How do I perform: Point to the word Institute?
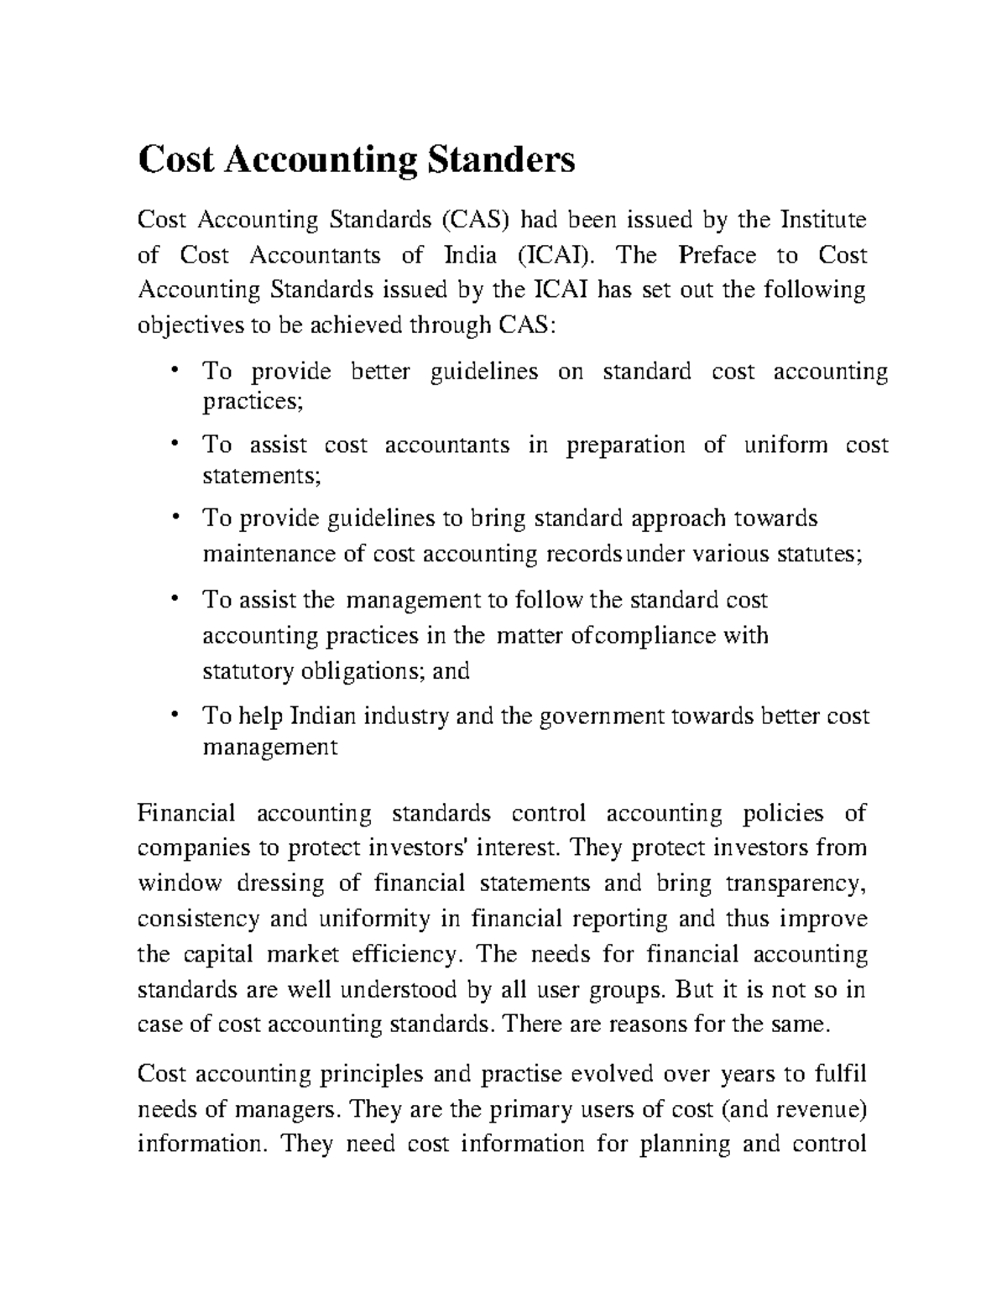point(823,221)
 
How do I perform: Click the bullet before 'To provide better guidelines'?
point(175,370)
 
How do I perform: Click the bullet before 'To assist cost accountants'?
point(175,444)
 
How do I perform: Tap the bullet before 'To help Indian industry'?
point(175,715)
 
